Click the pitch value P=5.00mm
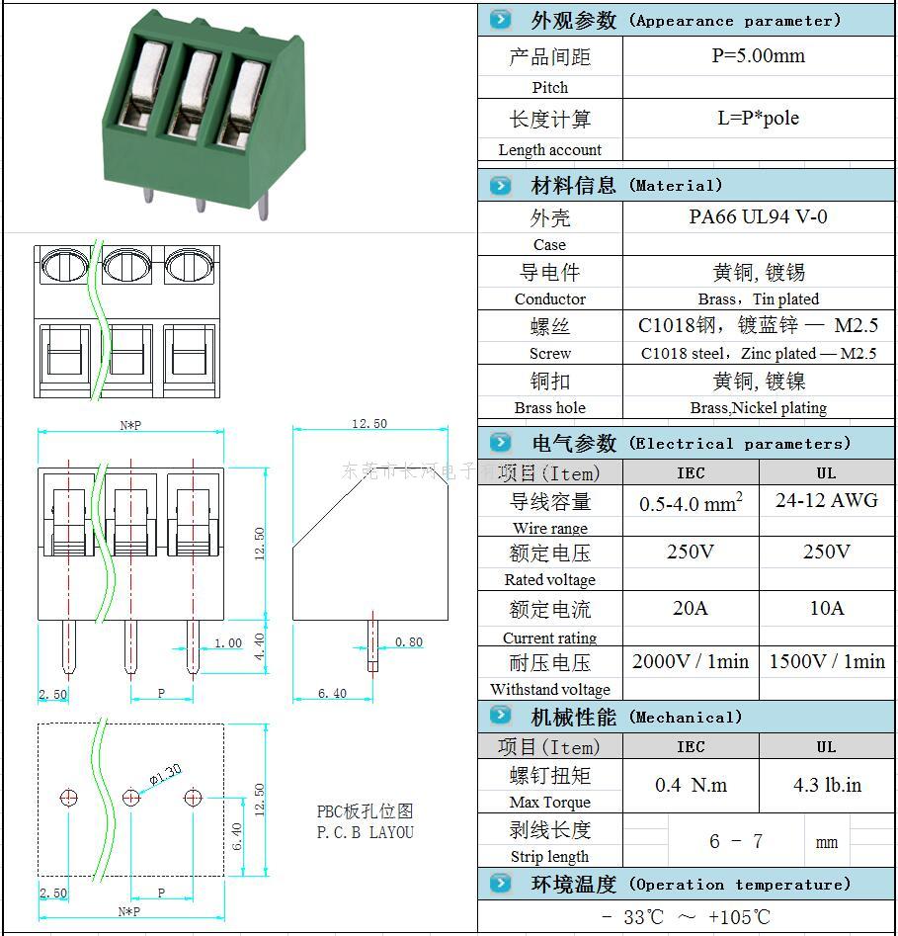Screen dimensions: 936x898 [758, 56]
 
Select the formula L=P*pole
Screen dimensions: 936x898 [758, 119]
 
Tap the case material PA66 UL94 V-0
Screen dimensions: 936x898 [758, 217]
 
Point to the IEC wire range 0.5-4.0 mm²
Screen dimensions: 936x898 [691, 503]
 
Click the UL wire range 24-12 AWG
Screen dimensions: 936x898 [826, 500]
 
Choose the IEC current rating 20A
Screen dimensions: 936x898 [690, 608]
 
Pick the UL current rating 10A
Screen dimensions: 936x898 [826, 608]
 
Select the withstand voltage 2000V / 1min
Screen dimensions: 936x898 [691, 661]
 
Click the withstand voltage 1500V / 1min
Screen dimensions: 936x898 [827, 661]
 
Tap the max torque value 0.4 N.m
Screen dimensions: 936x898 [691, 786]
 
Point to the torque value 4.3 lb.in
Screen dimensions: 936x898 [827, 786]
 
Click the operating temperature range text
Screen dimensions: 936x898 [686, 917]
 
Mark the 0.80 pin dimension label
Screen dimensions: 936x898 [408, 642]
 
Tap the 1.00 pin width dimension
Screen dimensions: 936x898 [227, 643]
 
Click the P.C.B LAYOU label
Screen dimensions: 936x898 [365, 832]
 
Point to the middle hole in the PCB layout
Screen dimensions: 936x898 [130, 797]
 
